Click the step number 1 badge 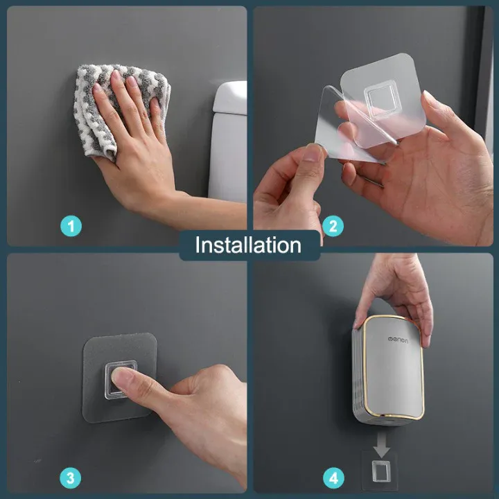71,226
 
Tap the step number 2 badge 333,226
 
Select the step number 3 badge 70,478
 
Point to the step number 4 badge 333,478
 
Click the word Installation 248,245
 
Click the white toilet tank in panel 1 229,140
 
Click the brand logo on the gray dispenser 398,340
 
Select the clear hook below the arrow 381,471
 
